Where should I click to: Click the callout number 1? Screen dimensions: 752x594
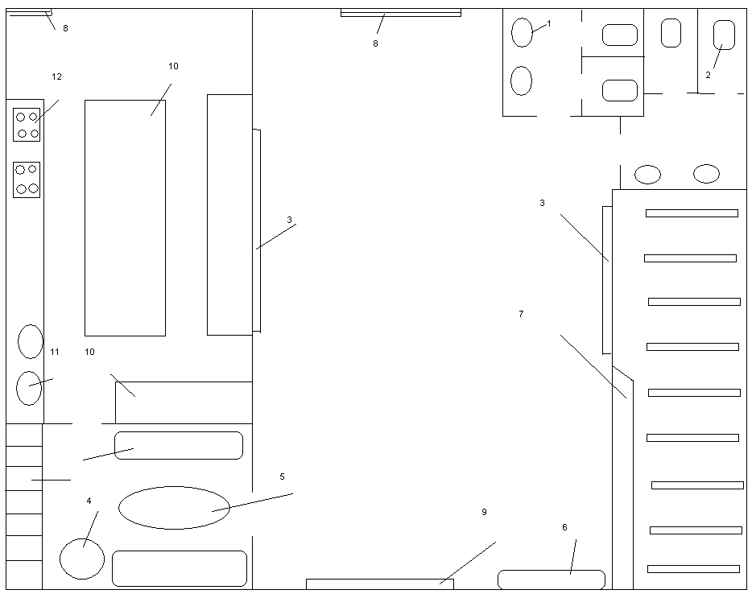coord(549,23)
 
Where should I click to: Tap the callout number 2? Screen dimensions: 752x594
coord(708,75)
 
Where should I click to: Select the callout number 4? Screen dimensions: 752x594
coord(89,501)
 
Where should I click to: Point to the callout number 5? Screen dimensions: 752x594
coord(282,476)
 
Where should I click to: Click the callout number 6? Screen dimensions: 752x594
coord(564,527)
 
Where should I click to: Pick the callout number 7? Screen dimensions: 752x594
coord(521,314)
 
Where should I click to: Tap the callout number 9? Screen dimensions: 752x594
coord(484,512)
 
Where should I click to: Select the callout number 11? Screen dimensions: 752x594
coord(55,352)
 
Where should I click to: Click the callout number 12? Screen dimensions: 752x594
coord(56,76)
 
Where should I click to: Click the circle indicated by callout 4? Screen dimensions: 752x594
coord(82,559)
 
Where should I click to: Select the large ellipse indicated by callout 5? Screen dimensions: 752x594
coord(174,508)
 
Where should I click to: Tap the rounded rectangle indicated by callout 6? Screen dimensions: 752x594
coord(551,580)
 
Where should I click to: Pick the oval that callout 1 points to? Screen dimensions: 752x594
coord(523,33)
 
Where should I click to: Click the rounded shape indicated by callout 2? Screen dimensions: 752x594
coord(724,35)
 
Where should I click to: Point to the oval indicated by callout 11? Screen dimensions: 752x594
coord(29,388)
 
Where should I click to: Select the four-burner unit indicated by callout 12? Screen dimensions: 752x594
coord(27,125)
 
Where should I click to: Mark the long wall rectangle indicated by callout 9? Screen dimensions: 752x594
coord(379,584)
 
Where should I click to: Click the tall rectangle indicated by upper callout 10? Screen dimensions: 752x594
coord(125,217)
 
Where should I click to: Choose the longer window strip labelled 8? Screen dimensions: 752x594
coord(400,13)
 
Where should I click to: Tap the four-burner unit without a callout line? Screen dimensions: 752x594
coord(27,179)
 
